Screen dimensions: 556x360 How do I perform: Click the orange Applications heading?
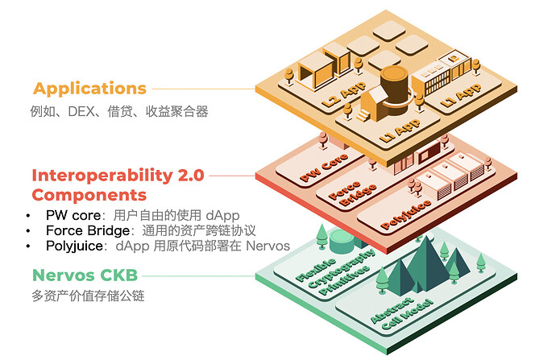tap(89, 89)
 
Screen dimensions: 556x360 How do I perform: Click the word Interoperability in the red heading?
tap(102, 176)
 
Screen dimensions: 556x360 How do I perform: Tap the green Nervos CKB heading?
tap(85, 275)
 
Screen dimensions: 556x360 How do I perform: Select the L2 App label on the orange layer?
tap(343, 94)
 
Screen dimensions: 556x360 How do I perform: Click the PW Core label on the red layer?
tap(324, 168)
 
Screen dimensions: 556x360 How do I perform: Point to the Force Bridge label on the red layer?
tap(352, 194)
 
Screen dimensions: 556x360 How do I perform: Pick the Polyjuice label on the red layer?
tap(405, 214)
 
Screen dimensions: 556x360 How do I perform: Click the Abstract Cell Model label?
tap(401, 313)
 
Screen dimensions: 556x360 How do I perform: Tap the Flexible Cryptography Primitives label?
tap(335, 271)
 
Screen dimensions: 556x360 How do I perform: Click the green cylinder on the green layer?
tap(342, 241)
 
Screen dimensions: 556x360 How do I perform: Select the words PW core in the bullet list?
tap(73, 215)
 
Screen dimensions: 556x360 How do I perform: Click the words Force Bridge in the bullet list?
tap(88, 230)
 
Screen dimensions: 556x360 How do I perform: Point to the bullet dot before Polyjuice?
tap(28, 246)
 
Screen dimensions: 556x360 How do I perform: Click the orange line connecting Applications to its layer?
tap(204, 89)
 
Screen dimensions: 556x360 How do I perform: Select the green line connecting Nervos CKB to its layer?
tap(198, 276)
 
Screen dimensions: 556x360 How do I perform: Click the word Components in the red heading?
tap(89, 195)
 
